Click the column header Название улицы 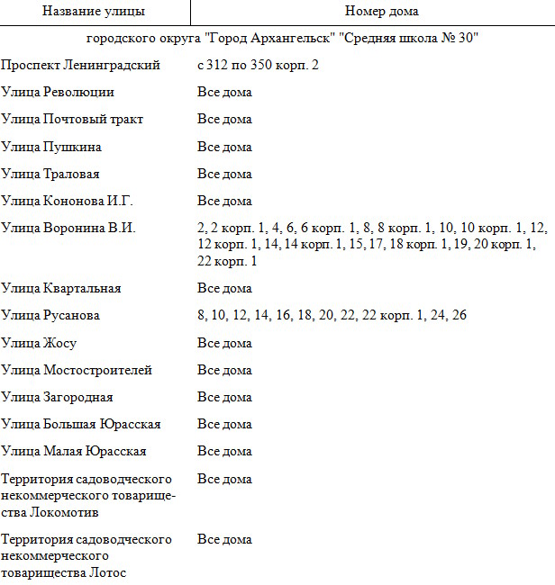coord(94,12)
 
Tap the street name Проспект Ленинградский coord(81,66)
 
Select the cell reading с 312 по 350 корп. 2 coord(259,66)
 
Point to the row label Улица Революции coord(59,93)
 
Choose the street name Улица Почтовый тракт coord(73,120)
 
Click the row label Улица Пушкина coord(51,147)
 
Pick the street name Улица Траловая coord(50,174)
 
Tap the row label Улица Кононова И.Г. coord(68,201)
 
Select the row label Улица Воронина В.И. coord(68,229)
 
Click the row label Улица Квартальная coord(61,289)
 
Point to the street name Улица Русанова coord(50,316)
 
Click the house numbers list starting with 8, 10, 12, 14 coord(332,316)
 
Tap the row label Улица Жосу coord(39,343)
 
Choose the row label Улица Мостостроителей coord(77,370)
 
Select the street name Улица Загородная coord(58,397)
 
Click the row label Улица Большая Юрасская coord(81,424)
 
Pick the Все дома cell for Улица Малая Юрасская coord(224,451)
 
